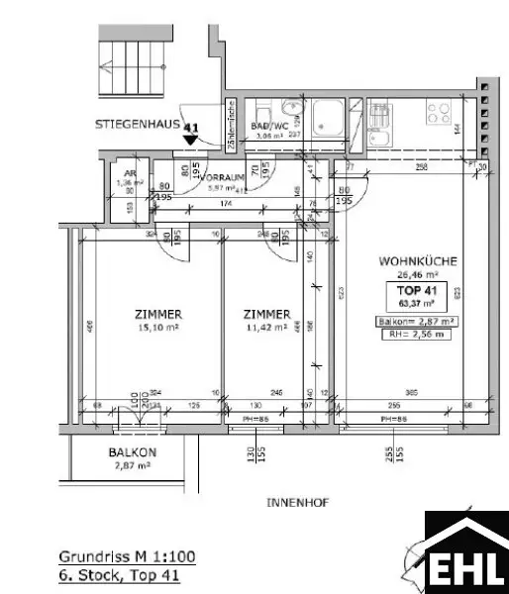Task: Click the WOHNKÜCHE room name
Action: [x=417, y=261]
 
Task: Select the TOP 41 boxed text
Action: [x=416, y=290]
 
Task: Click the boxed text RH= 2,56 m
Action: [x=416, y=335]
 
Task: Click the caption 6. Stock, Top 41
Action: [x=120, y=573]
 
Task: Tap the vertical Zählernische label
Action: [x=229, y=125]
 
